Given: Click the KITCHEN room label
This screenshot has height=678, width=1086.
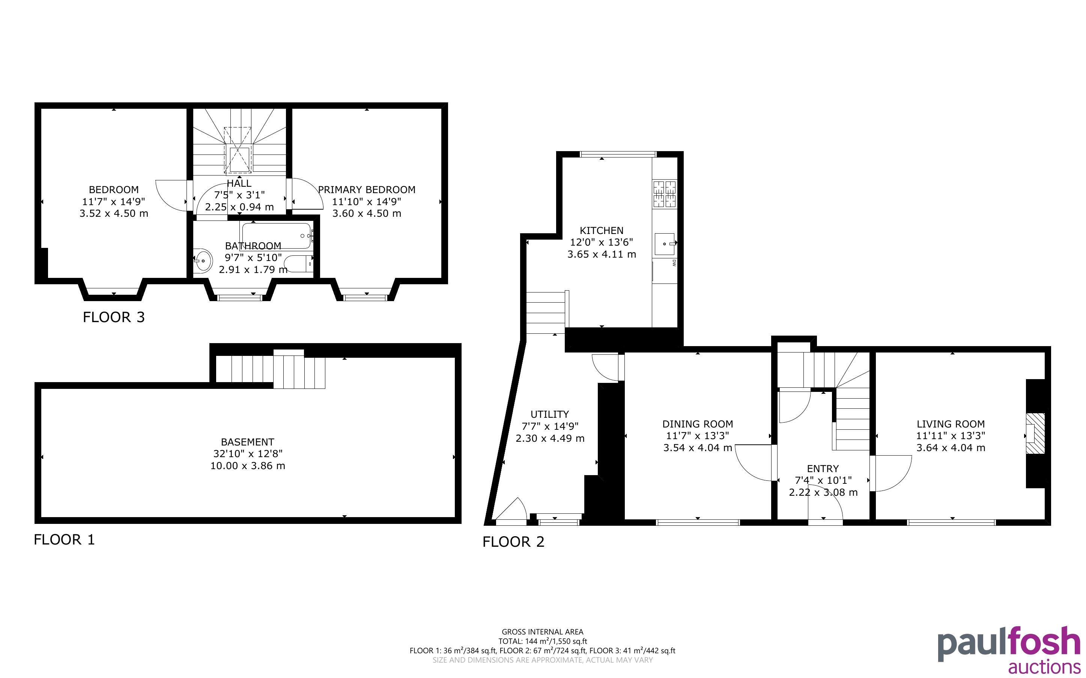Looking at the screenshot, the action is (x=602, y=231).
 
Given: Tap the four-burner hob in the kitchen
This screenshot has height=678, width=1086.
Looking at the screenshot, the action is (x=665, y=194).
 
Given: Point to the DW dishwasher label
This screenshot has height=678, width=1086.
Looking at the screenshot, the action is (x=674, y=263).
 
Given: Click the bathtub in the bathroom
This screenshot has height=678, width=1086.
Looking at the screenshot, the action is (x=276, y=236).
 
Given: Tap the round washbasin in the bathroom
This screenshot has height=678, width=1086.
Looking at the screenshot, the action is (x=203, y=261).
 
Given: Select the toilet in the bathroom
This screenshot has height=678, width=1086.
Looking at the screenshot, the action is (x=298, y=264).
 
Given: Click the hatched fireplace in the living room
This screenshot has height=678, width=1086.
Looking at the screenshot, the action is (x=1036, y=433).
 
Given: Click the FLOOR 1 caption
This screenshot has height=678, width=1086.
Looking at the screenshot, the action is (x=64, y=540).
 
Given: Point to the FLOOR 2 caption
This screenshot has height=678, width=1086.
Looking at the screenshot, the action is (x=513, y=541).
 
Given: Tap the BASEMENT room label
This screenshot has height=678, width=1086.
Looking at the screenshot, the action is (x=248, y=442).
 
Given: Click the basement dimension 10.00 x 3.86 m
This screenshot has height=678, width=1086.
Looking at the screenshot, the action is (x=248, y=466).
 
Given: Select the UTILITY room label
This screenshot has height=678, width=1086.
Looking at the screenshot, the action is (x=549, y=414).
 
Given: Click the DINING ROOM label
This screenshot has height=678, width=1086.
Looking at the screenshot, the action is (x=698, y=424).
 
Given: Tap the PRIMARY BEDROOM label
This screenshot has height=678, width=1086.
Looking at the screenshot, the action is (x=367, y=190).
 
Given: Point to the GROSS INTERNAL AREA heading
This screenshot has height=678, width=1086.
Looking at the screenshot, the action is (x=542, y=632).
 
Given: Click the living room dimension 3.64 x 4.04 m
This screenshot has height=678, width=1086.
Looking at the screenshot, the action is (x=951, y=447).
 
